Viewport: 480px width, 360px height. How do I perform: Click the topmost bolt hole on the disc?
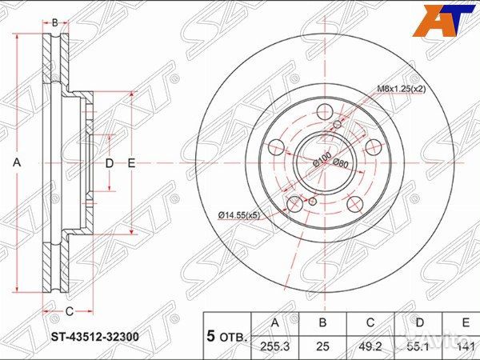325,113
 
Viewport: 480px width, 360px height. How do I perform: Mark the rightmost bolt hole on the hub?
373,147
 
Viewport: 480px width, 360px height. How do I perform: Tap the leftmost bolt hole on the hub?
276,147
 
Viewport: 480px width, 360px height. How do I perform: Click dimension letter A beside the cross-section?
17,162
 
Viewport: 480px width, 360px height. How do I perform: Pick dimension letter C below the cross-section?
69,311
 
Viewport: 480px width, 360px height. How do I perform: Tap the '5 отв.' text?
226,337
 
